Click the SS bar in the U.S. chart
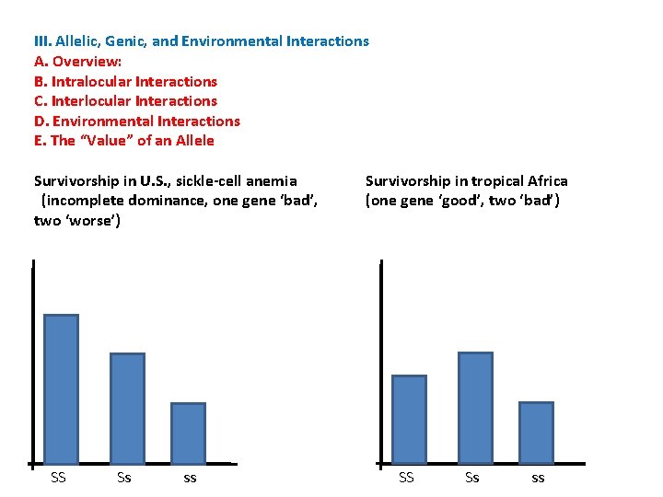pyautogui.click(x=62, y=388)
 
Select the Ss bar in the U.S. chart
pyautogui.click(x=127, y=408)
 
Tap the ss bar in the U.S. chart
pyautogui.click(x=189, y=433)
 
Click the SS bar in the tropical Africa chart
pyautogui.click(x=409, y=419)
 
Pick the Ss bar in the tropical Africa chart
pyautogui.click(x=475, y=407)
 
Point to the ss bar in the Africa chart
pyautogui.click(x=536, y=432)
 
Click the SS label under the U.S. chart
pyautogui.click(x=58, y=478)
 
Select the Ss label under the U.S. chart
pyautogui.click(x=124, y=478)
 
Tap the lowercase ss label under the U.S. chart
pyautogui.click(x=190, y=479)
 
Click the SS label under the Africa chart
pyautogui.click(x=406, y=478)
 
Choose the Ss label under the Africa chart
pyautogui.click(x=472, y=478)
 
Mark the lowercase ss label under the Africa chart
pyautogui.click(x=538, y=479)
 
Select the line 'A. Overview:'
pyautogui.click(x=77, y=62)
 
